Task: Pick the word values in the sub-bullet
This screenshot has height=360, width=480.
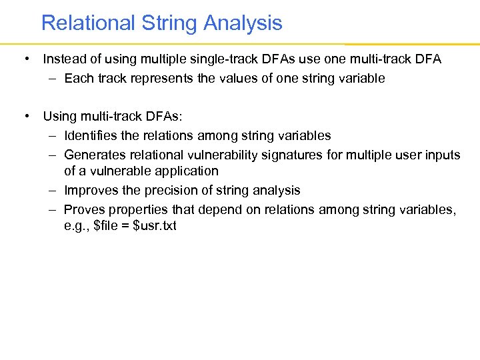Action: [x=229, y=78]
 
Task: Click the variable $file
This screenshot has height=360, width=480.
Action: [x=108, y=226]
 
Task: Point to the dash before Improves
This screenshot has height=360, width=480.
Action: [x=52, y=191]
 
